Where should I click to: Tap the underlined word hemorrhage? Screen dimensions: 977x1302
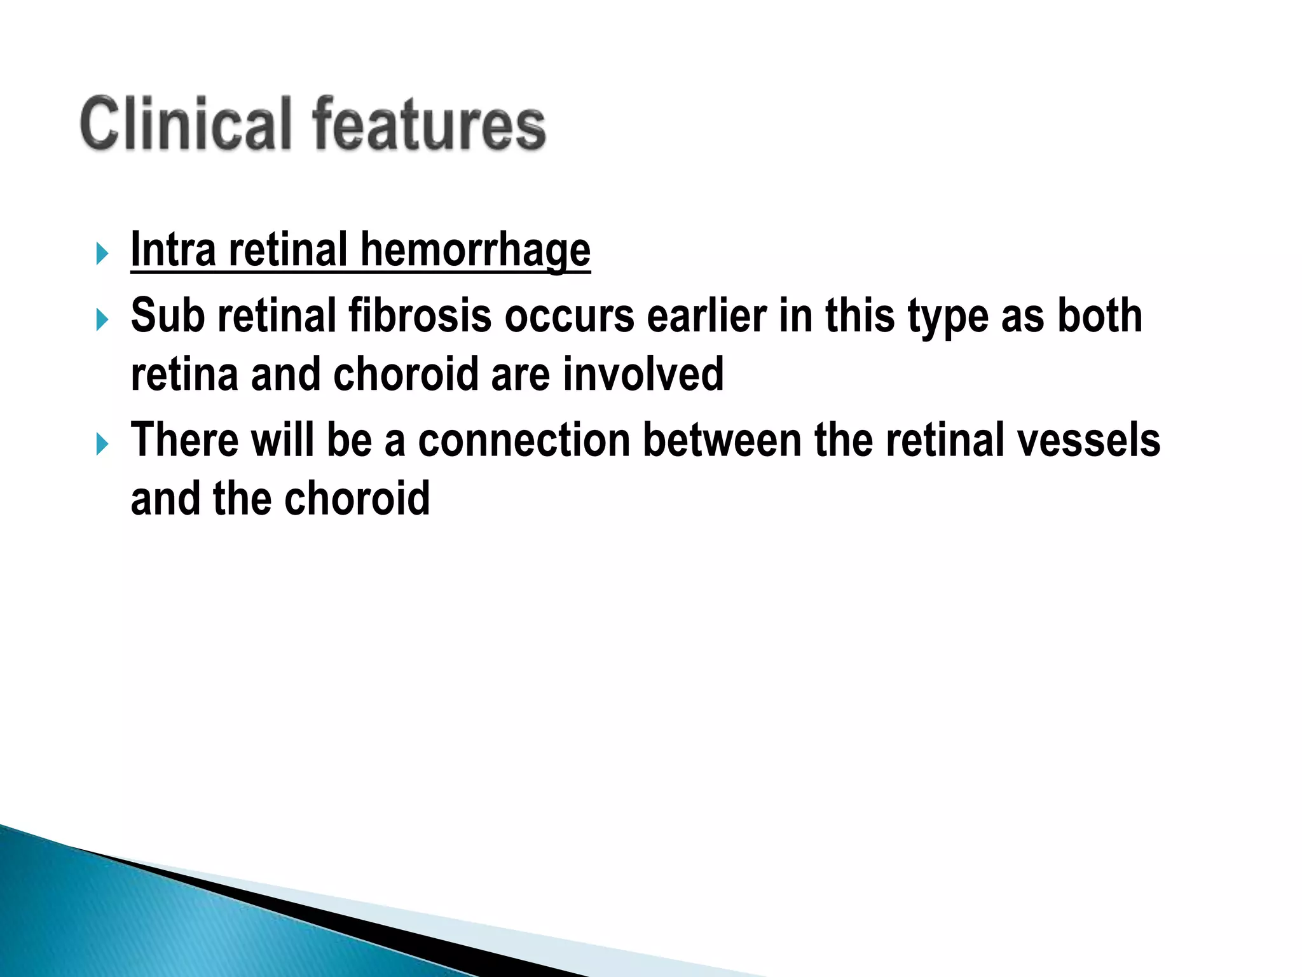coord(476,250)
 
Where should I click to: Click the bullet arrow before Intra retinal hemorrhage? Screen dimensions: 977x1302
coord(102,254)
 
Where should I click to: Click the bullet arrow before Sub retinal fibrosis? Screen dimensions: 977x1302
coord(102,319)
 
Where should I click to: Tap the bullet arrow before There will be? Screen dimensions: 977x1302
coord(102,444)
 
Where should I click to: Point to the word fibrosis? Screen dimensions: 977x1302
coord(420,315)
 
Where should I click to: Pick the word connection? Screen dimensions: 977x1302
coord(524,440)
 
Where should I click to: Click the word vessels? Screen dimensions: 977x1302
coord(1088,440)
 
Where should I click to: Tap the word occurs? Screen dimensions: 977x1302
coord(570,317)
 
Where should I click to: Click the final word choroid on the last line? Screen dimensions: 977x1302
coord(357,499)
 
